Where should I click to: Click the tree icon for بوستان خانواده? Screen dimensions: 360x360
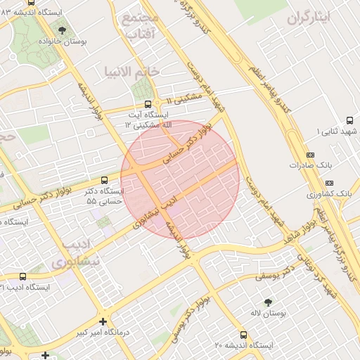click(63, 31)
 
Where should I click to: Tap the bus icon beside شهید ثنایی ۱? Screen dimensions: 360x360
click(310, 131)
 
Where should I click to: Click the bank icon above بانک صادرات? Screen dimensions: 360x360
click(311, 155)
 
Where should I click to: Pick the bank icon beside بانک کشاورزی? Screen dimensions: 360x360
click(311, 192)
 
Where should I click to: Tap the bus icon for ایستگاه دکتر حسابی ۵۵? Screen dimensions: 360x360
click(104, 180)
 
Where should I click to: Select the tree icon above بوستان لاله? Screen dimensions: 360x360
click(267, 302)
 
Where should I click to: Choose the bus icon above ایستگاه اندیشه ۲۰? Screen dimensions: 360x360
click(243, 335)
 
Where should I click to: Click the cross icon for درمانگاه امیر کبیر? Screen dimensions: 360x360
click(104, 321)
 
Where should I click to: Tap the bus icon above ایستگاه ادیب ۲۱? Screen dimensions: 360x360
click(23, 277)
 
